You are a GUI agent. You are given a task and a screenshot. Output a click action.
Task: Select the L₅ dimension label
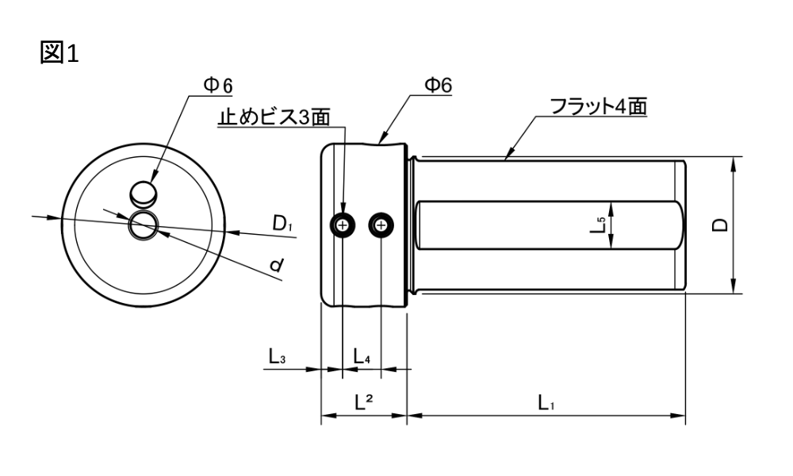tap(600, 226)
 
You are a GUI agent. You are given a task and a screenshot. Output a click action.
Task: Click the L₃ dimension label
tap(277, 357)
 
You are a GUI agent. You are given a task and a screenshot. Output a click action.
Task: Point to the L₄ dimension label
tap(362, 357)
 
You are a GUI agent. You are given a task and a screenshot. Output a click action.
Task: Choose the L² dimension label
tap(364, 402)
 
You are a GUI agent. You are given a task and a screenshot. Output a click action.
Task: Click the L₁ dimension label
tap(546, 403)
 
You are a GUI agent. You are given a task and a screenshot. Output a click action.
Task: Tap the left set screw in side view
tap(343, 226)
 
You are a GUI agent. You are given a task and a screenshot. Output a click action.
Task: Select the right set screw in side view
tap(382, 226)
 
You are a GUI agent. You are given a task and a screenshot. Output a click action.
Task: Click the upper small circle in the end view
tap(144, 193)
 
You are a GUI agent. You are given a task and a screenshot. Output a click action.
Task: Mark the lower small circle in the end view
tap(144, 225)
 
